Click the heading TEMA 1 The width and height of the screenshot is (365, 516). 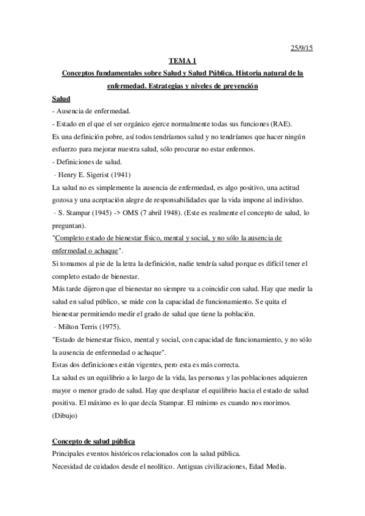pos(182,61)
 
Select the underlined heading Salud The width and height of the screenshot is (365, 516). pos(62,99)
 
